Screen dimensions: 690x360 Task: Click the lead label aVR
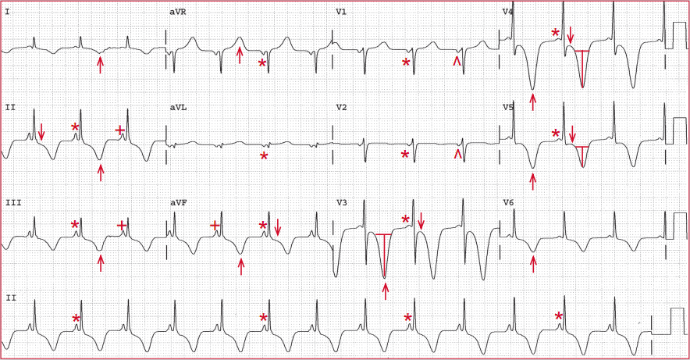(178, 12)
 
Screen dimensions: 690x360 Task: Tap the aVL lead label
(178, 108)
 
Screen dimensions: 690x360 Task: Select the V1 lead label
(341, 12)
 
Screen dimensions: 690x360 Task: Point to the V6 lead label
(508, 203)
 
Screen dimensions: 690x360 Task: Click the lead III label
(13, 203)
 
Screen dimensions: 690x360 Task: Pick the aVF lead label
(178, 203)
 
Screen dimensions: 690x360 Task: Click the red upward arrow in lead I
(101, 64)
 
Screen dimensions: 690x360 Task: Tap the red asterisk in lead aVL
(264, 156)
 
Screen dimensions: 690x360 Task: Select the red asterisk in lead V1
(406, 62)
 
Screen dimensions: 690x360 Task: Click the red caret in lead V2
(457, 154)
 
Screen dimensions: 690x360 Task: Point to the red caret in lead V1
(457, 62)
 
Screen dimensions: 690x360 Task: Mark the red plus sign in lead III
(122, 226)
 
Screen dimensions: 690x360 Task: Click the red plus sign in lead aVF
(215, 226)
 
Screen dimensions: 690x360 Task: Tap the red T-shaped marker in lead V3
(385, 255)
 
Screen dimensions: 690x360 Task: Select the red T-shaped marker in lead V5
(582, 157)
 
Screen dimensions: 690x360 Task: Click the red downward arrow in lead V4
(571, 35)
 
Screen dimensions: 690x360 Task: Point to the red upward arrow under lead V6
(533, 264)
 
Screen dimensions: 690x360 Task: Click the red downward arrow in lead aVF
(277, 227)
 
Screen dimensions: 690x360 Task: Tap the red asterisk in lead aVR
(262, 63)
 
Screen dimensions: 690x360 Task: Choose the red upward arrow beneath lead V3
(386, 291)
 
